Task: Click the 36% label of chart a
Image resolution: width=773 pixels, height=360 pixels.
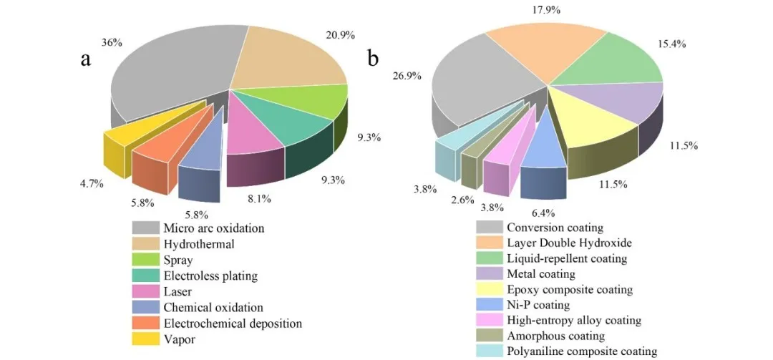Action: [112, 42]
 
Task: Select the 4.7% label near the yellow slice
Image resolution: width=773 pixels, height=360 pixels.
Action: [91, 183]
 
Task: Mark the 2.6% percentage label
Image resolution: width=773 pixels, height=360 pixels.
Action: [462, 200]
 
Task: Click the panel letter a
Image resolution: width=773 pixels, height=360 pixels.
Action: [86, 59]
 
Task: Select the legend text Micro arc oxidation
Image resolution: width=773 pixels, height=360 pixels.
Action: [203, 228]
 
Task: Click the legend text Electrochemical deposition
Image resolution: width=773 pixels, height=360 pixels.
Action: [232, 323]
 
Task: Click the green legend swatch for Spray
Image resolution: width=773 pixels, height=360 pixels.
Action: [145, 260]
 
